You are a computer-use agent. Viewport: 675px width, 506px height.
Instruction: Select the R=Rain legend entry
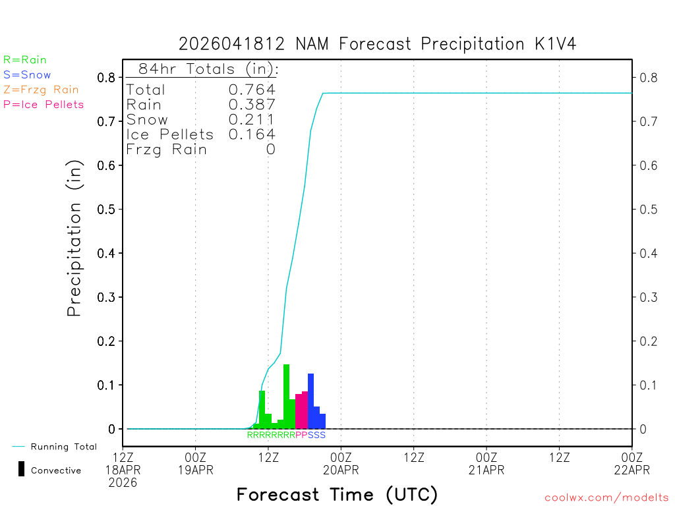pyautogui.click(x=25, y=60)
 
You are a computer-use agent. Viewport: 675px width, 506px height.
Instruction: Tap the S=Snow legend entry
pyautogui.click(x=27, y=75)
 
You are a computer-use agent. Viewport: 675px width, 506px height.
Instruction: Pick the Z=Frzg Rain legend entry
pyautogui.click(x=41, y=90)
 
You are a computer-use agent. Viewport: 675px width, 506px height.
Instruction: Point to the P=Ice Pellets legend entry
pyautogui.click(x=44, y=104)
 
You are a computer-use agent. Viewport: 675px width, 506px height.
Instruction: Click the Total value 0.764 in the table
pyautogui.click(x=252, y=90)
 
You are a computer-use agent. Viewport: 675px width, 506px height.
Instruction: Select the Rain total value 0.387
pyautogui.click(x=252, y=105)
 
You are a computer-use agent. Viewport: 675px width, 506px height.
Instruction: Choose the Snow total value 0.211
pyautogui.click(x=252, y=119)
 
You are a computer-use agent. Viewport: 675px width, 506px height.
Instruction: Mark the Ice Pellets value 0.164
pyautogui.click(x=252, y=134)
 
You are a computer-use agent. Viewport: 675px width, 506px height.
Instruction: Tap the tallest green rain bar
pyautogui.click(x=286, y=395)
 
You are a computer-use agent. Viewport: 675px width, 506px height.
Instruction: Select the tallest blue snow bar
pyautogui.click(x=310, y=401)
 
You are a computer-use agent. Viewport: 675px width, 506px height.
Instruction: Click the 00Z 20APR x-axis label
pyautogui.click(x=341, y=463)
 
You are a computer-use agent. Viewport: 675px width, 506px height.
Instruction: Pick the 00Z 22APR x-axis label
pyautogui.click(x=631, y=463)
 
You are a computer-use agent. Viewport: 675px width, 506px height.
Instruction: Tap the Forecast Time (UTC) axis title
pyautogui.click(x=337, y=494)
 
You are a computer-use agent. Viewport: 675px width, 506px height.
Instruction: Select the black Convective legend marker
pyautogui.click(x=21, y=469)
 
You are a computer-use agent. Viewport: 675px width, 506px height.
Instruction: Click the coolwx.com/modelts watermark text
pyautogui.click(x=606, y=498)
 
